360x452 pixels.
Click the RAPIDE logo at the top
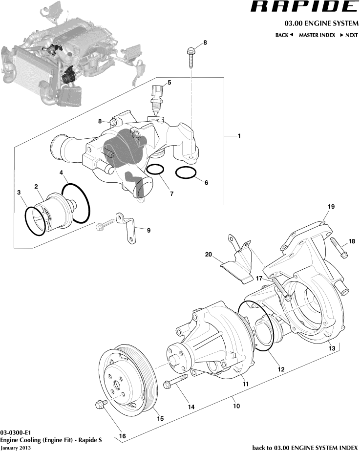(304, 7)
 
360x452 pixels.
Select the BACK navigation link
(284, 35)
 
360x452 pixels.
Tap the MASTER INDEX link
(317, 35)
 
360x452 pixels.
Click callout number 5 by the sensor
(169, 83)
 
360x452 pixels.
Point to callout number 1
(239, 136)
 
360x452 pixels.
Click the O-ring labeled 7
(155, 170)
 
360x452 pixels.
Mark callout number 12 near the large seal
(281, 370)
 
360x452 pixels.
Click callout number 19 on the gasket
(331, 207)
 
